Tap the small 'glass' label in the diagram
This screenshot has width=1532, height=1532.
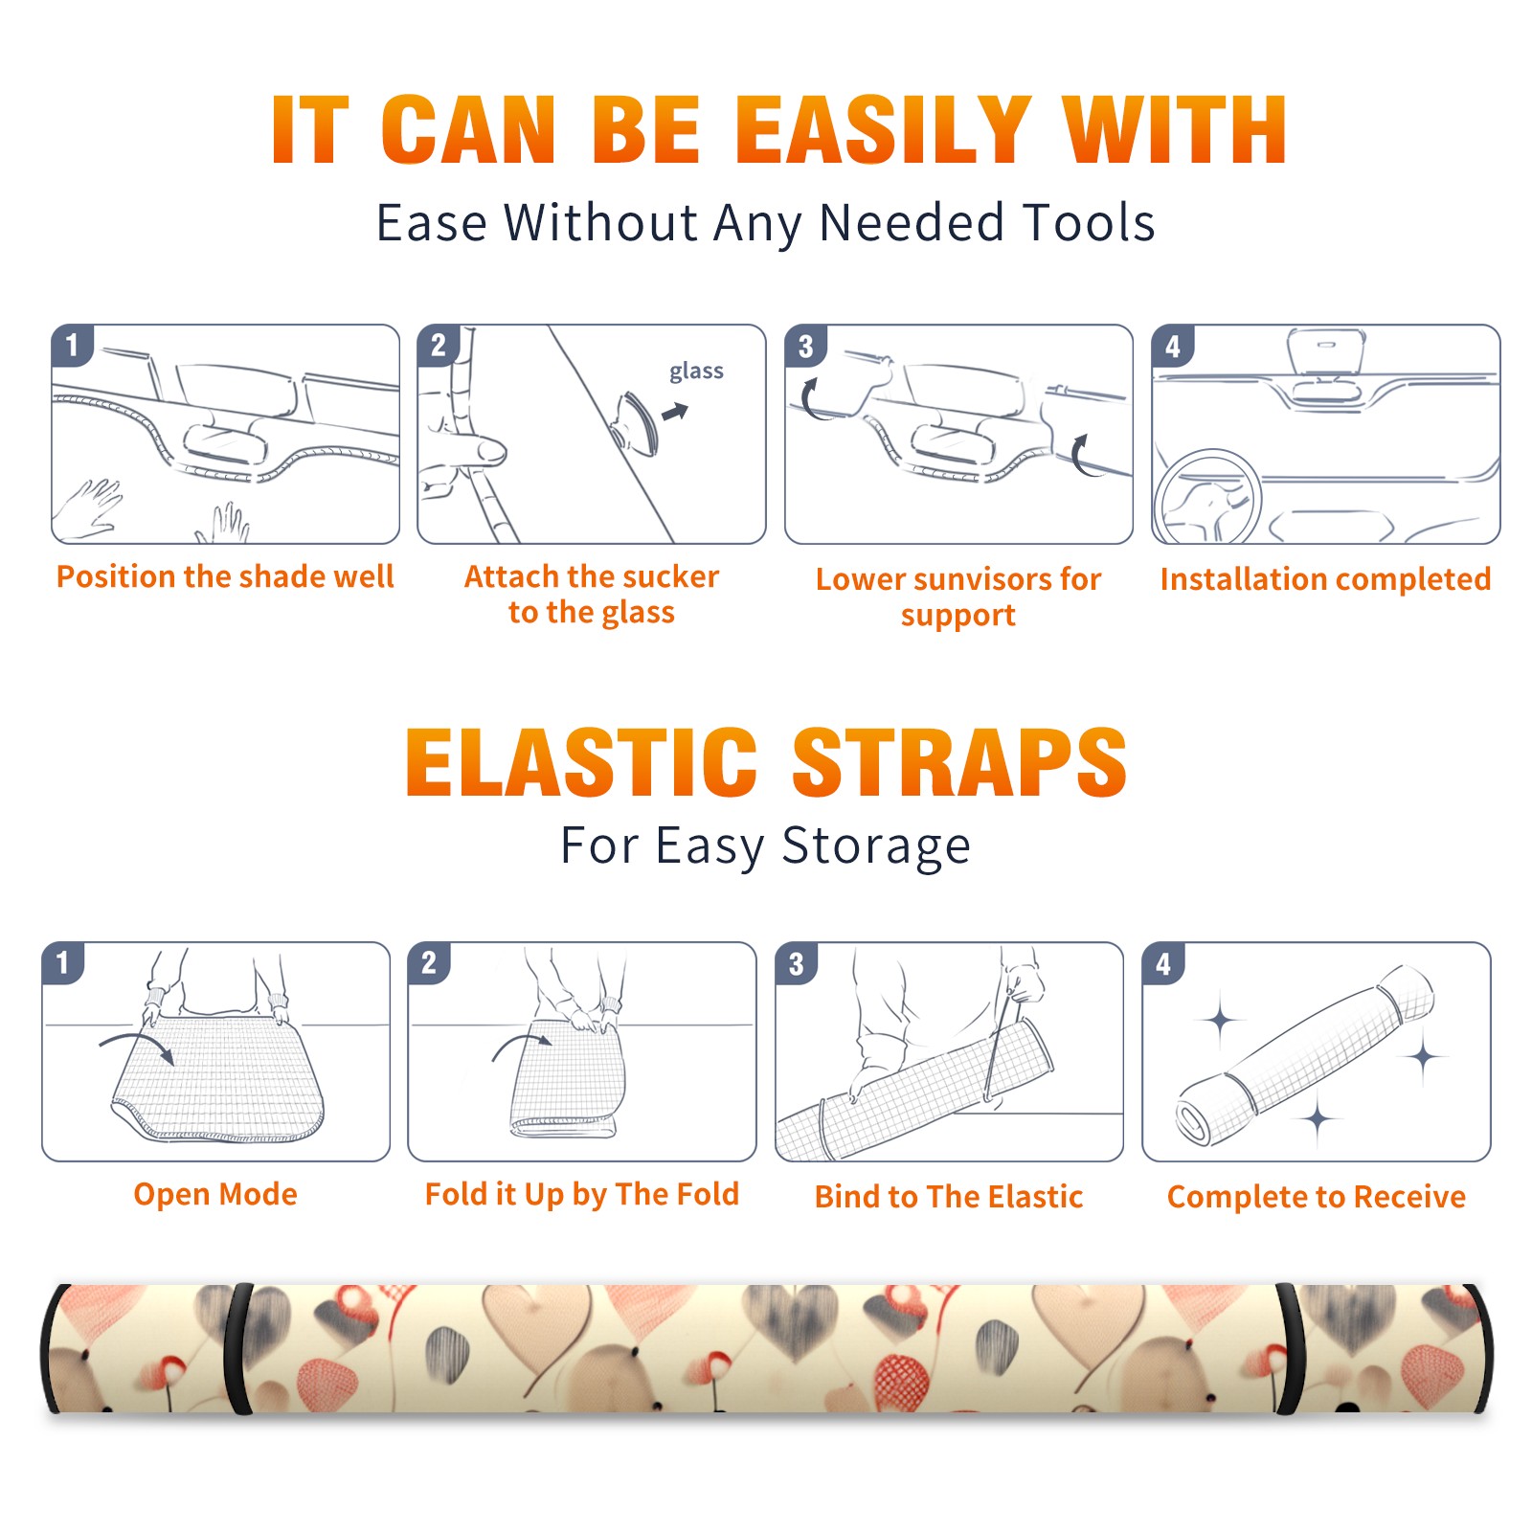click(x=696, y=372)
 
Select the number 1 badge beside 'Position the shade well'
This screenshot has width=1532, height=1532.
click(x=73, y=345)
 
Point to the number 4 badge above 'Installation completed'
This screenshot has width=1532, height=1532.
click(x=1173, y=345)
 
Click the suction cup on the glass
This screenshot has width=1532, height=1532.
click(x=637, y=422)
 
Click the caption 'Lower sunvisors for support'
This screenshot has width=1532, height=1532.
click(x=958, y=596)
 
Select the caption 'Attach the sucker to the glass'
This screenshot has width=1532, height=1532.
click(x=592, y=594)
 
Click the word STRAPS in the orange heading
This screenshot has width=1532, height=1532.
click(x=959, y=762)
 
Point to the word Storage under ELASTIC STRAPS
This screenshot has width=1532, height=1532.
click(x=876, y=846)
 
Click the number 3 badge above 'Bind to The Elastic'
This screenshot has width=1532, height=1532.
click(x=797, y=963)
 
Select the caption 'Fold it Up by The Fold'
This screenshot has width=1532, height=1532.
click(x=582, y=1194)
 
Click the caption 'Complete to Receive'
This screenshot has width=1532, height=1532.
click(x=1317, y=1197)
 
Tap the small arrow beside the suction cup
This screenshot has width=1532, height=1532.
click(x=676, y=412)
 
